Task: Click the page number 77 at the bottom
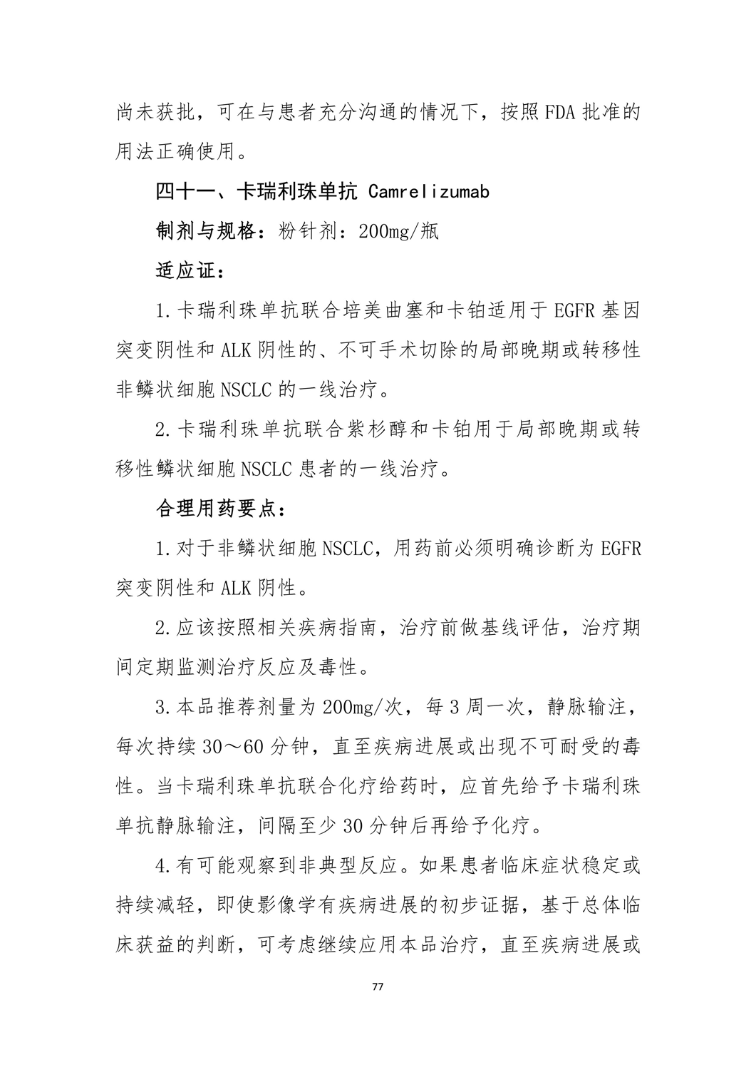click(x=378, y=987)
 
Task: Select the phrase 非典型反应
click(x=356, y=866)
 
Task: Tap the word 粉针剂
click(x=308, y=232)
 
